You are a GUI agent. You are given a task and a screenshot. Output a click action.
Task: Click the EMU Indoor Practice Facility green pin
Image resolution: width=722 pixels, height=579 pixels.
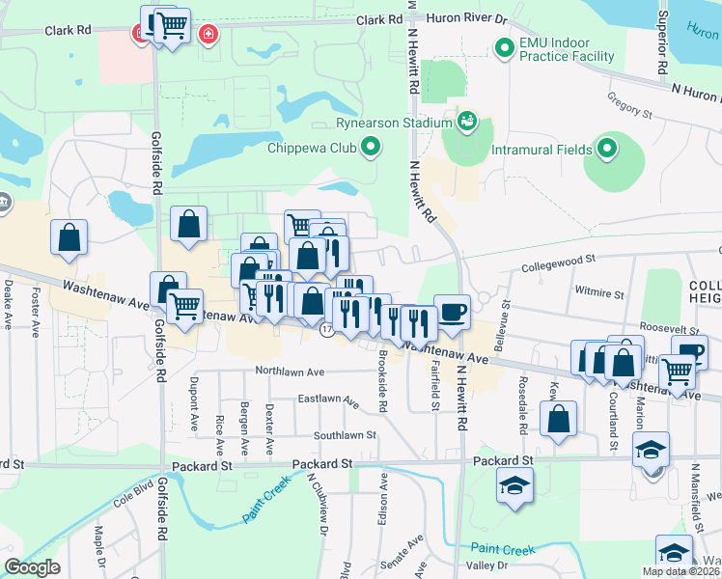point(503,47)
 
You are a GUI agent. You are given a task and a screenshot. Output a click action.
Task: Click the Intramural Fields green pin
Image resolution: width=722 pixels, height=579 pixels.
point(607,149)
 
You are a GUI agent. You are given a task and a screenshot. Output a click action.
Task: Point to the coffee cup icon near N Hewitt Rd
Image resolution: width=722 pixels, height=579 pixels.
point(452,312)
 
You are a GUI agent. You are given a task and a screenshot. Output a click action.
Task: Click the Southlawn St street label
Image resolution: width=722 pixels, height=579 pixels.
point(344,435)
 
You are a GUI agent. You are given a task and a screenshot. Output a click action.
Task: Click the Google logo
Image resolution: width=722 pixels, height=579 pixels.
point(33,566)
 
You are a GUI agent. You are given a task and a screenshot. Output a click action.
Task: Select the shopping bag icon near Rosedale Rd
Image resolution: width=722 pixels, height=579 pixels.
point(559,420)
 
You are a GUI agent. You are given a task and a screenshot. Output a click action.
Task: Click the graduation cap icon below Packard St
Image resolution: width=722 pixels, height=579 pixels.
point(515,484)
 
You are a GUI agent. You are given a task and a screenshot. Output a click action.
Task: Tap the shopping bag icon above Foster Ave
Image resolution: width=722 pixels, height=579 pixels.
point(69,237)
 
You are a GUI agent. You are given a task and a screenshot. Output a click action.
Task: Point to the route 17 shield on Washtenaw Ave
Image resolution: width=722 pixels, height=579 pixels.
point(327,330)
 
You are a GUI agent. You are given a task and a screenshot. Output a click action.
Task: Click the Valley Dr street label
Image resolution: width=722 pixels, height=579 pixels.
point(488,565)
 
